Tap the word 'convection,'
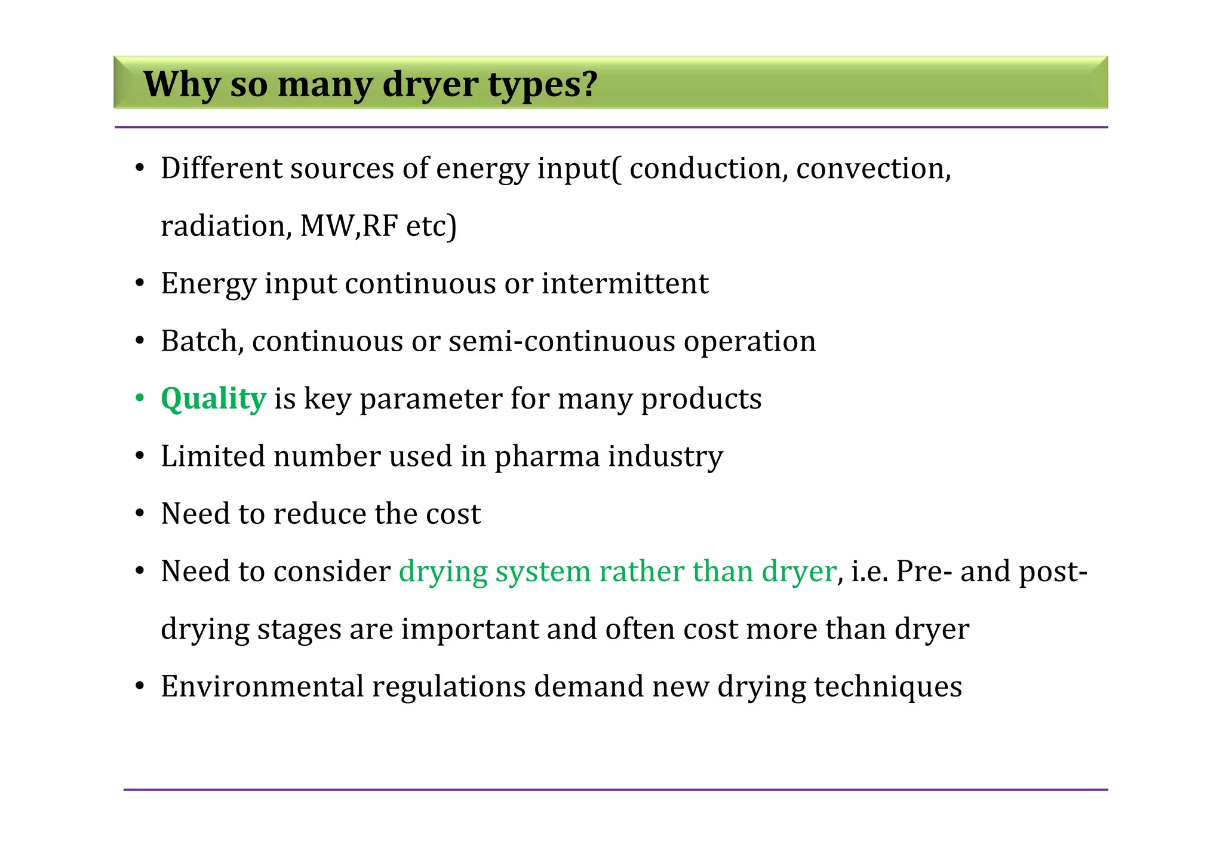873,168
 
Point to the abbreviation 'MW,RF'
349,226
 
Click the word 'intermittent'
625,284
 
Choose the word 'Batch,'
202,342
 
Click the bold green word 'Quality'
213,399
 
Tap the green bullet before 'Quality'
140,398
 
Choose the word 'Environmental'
262,687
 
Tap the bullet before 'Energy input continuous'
140,284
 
